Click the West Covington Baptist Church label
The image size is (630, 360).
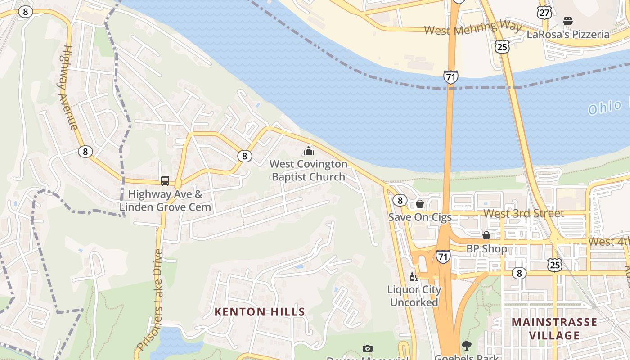309,171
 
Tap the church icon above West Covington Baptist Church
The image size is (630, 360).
309,151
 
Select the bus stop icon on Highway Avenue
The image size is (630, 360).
165,181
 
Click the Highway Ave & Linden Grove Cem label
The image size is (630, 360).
165,201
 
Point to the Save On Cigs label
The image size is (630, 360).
420,217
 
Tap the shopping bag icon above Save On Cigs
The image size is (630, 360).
420,204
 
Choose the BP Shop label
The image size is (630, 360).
486,248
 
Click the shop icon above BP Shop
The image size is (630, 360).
486,235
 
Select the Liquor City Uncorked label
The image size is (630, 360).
414,296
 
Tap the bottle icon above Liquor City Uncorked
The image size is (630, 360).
414,277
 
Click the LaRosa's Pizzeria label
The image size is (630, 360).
568,34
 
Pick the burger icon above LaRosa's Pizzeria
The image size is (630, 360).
568,21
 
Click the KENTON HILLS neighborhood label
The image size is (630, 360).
260,311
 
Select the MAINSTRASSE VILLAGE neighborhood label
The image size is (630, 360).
554,328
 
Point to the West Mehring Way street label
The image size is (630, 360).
472,29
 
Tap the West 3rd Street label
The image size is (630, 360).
524,213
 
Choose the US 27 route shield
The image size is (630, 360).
544,13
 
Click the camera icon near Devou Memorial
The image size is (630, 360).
368,348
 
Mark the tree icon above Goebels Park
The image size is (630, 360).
467,346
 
